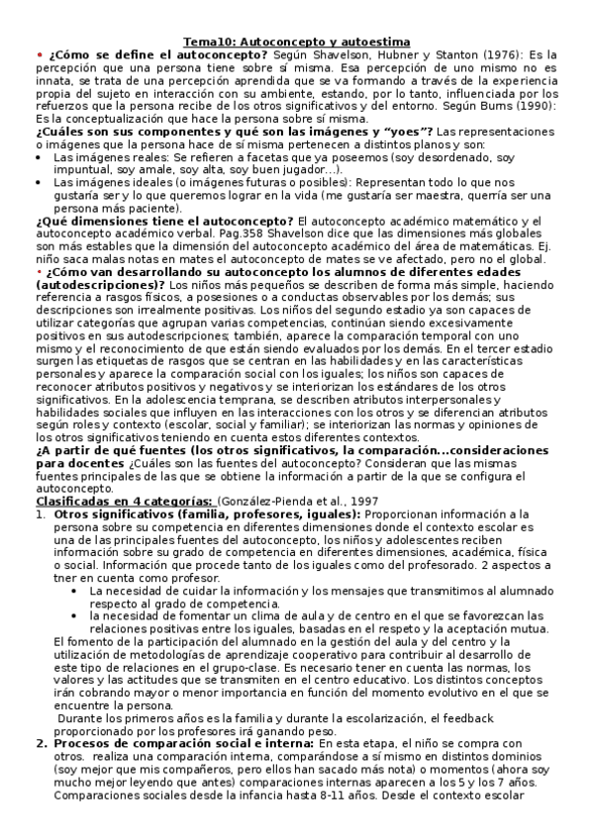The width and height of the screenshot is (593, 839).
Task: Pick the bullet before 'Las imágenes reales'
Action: [x=39, y=157]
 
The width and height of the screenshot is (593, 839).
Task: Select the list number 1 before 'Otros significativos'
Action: [x=40, y=515]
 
